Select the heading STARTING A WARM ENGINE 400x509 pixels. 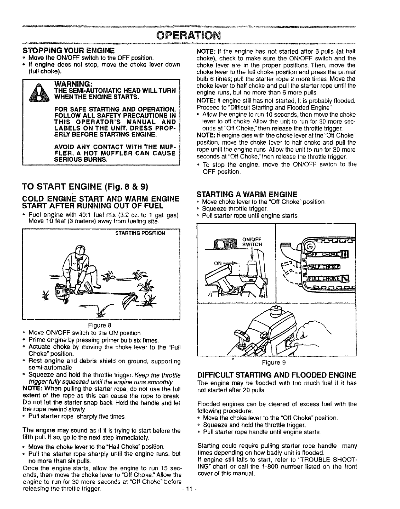tap(247, 194)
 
